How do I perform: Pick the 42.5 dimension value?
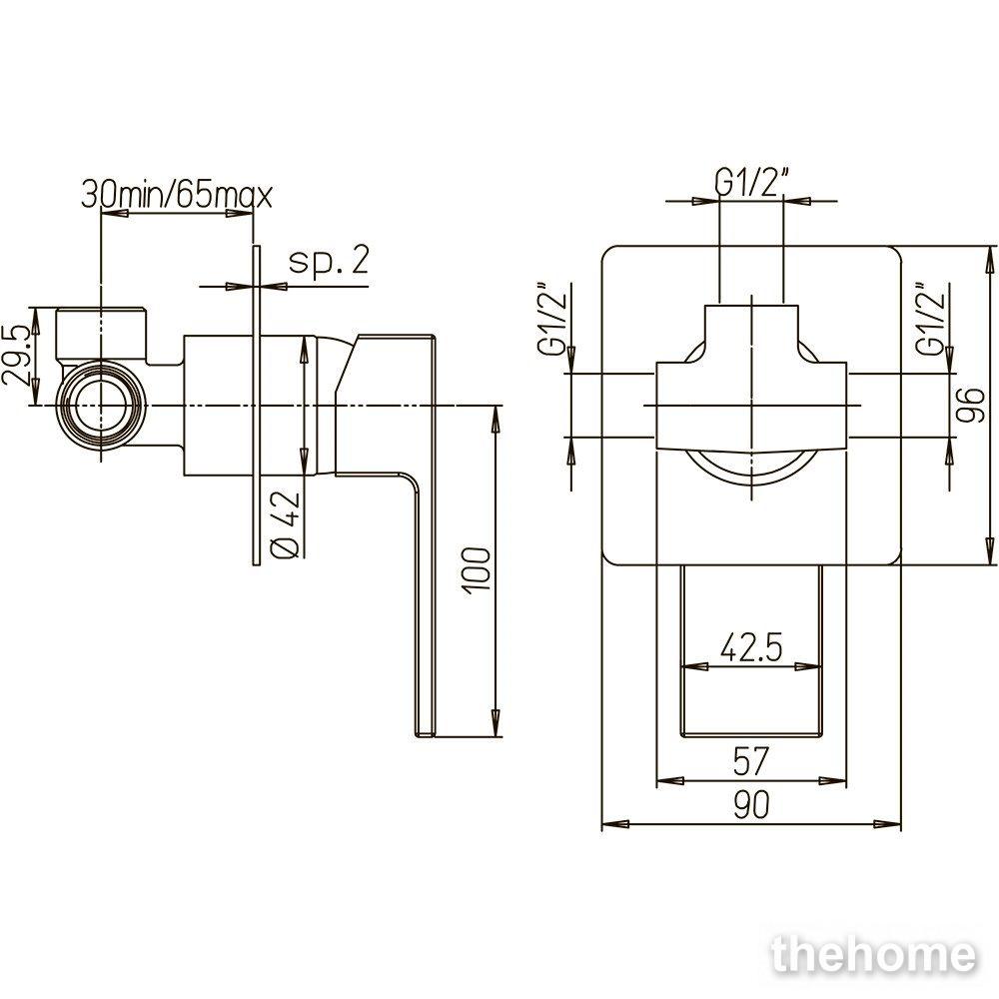coord(751,647)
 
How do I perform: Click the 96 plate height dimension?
coord(971,406)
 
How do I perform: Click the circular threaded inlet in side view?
coord(101,406)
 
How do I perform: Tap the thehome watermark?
coord(874,955)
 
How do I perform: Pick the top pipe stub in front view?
coord(751,334)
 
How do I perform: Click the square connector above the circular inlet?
coord(103,336)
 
